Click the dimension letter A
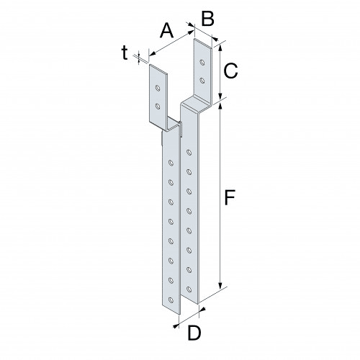[x=166, y=31]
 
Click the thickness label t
[x=125, y=52]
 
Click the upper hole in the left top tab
[x=158, y=89]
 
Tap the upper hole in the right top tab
[x=201, y=61]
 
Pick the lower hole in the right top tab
[x=201, y=80]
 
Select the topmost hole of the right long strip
[x=189, y=153]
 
